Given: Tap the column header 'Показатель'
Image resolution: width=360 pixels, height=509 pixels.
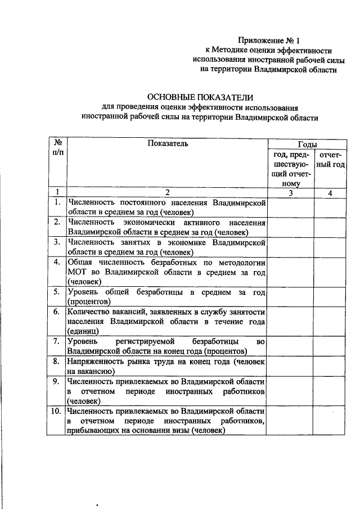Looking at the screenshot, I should [x=167, y=144].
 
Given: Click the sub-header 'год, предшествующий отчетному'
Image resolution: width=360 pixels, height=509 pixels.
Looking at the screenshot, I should [x=290, y=168].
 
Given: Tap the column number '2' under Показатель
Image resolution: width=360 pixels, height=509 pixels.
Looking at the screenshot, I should [x=167, y=192].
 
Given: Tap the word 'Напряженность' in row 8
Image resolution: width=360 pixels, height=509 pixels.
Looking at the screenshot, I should [x=94, y=362].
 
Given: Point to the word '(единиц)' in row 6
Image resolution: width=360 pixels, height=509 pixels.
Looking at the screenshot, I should [x=83, y=332].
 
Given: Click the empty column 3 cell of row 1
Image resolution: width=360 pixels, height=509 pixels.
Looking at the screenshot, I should [x=290, y=207].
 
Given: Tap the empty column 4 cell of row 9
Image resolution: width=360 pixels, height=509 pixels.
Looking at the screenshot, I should [x=330, y=391].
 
